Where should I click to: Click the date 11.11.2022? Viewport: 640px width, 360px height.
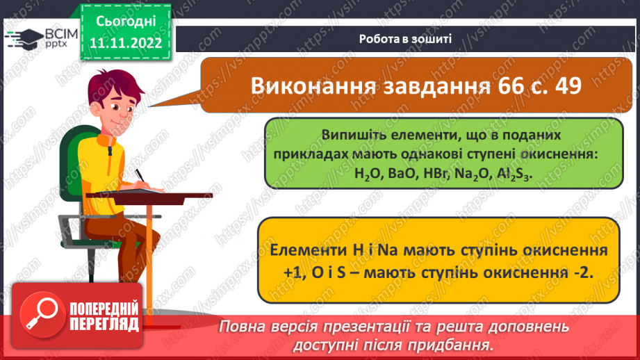tap(125, 44)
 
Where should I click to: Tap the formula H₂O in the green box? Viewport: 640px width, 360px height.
tap(367, 176)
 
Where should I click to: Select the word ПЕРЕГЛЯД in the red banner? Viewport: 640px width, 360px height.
tap(104, 324)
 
